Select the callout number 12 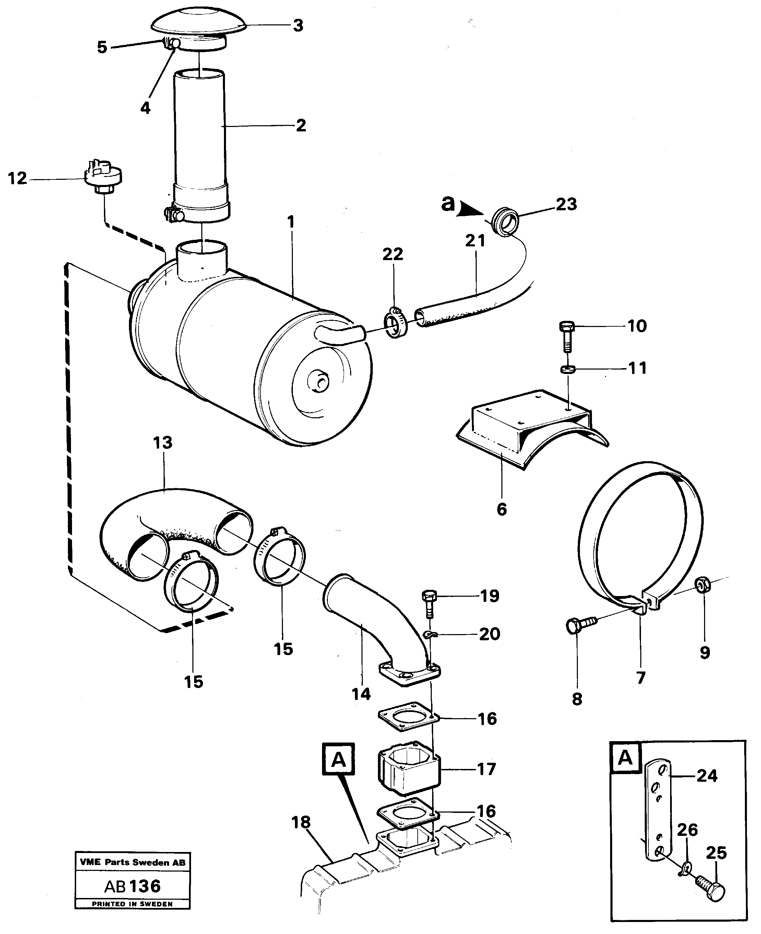coord(17,178)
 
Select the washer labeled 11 coord(568,369)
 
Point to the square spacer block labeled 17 coord(408,773)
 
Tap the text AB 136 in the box coord(132,886)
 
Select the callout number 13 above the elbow coord(163,443)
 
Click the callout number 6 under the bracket coord(501,509)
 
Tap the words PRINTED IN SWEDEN coord(132,904)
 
